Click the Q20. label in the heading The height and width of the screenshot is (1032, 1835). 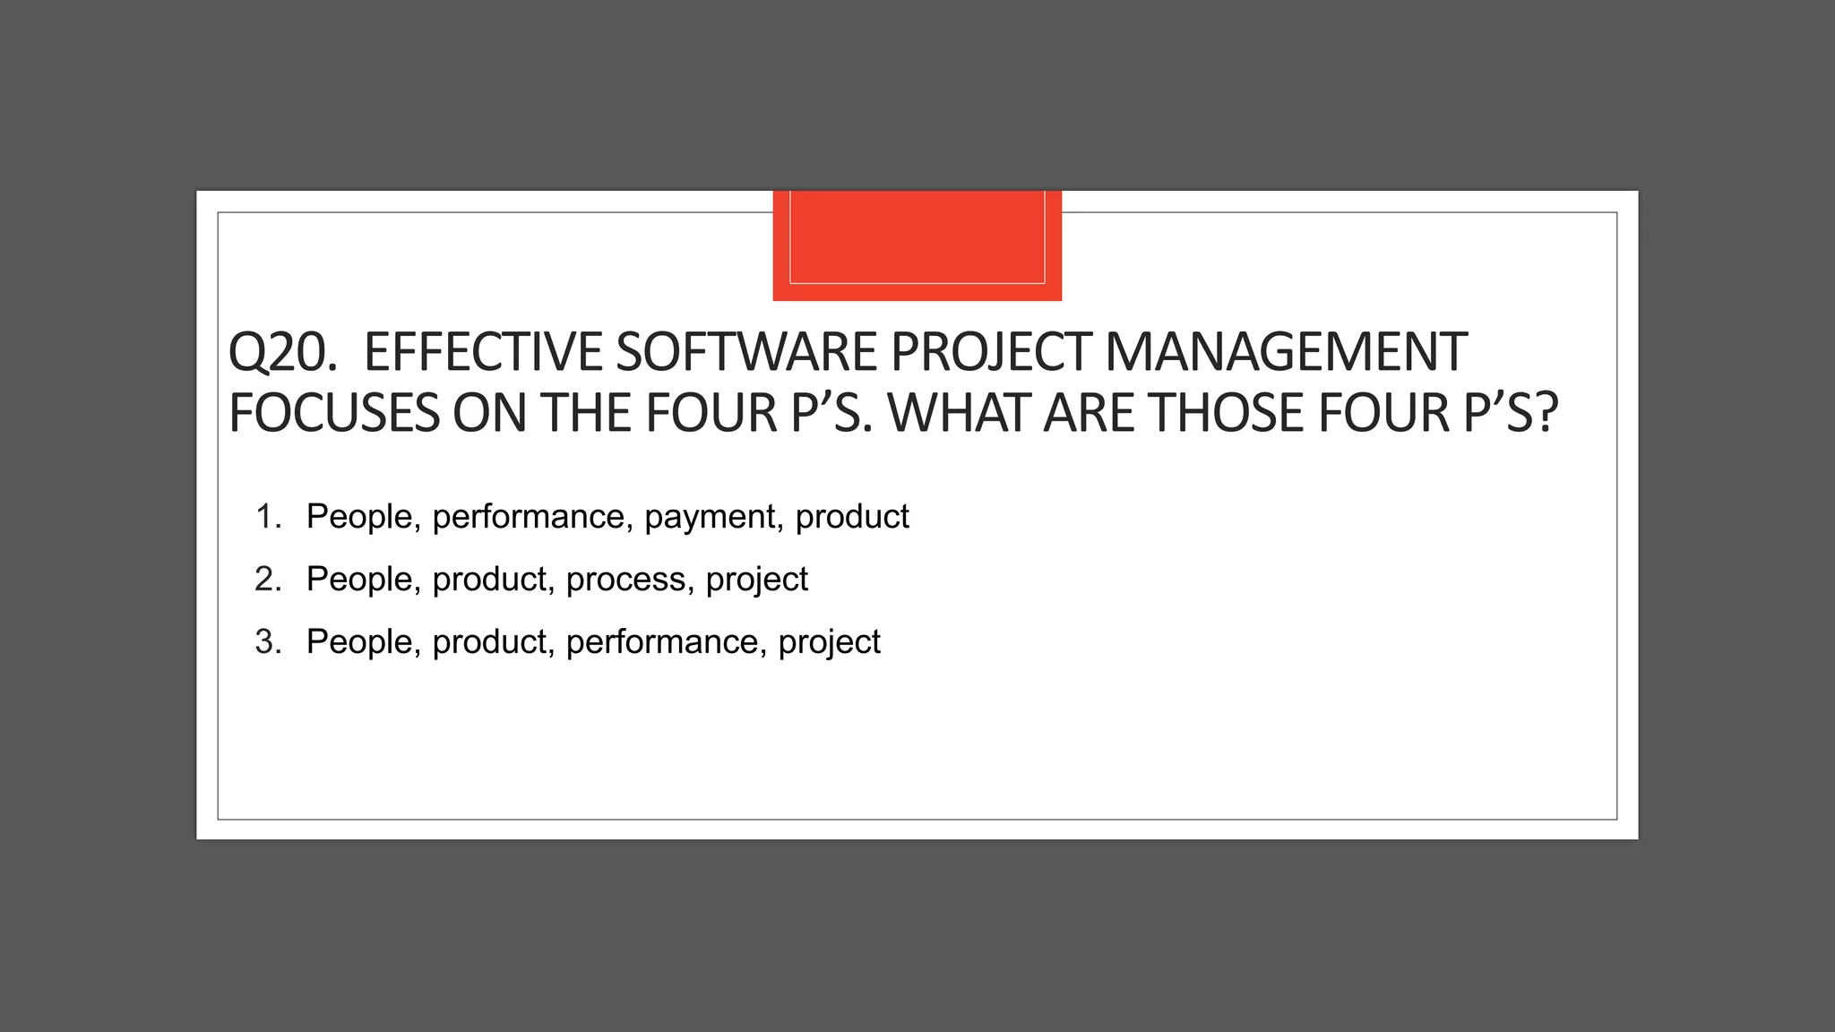pos(282,352)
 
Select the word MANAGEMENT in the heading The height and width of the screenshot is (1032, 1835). pos(1286,352)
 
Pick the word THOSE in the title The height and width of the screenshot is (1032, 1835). pos(1227,413)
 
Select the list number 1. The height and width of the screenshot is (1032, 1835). pos(268,517)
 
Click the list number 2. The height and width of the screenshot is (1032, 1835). pos(268,580)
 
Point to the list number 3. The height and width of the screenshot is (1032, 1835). pos(268,642)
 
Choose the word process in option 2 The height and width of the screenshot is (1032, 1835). pos(626,580)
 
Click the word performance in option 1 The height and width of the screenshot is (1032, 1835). pos(529,517)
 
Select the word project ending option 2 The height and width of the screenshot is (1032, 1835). pos(756,580)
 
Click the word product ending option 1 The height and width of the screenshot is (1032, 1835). pos(852,517)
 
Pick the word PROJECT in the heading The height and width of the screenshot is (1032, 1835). pos(991,352)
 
